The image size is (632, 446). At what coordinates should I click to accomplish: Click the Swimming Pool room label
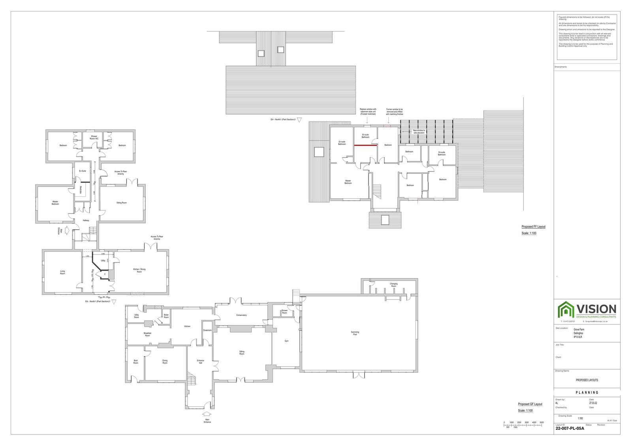[x=355, y=333]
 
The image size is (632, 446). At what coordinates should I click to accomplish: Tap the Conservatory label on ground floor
[x=241, y=315]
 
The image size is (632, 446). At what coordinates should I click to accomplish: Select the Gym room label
[x=287, y=341]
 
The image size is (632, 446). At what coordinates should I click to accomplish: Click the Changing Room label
[x=393, y=285]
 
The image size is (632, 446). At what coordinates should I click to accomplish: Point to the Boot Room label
[x=135, y=361]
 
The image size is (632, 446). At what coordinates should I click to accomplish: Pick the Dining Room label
[x=165, y=361]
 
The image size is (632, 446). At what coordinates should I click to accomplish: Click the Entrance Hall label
[x=200, y=361]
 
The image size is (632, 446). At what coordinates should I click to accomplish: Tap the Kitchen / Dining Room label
[x=139, y=271]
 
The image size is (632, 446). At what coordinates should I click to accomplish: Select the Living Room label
[x=62, y=272]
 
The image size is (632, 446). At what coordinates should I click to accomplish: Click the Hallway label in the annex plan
[x=86, y=220]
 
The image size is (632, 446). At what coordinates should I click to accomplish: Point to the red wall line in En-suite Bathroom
[x=365, y=145]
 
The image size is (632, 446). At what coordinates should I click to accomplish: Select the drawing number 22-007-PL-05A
[x=570, y=428]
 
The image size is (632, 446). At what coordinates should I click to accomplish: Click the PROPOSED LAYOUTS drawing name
[x=587, y=380]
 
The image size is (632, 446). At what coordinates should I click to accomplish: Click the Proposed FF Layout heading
[x=533, y=227]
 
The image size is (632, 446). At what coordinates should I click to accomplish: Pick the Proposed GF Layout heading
[x=530, y=404]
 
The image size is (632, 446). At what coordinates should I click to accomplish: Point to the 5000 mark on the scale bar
[x=542, y=422]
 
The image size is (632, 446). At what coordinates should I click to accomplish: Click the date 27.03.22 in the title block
[x=593, y=403]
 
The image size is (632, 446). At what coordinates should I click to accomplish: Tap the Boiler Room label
[x=166, y=316]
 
